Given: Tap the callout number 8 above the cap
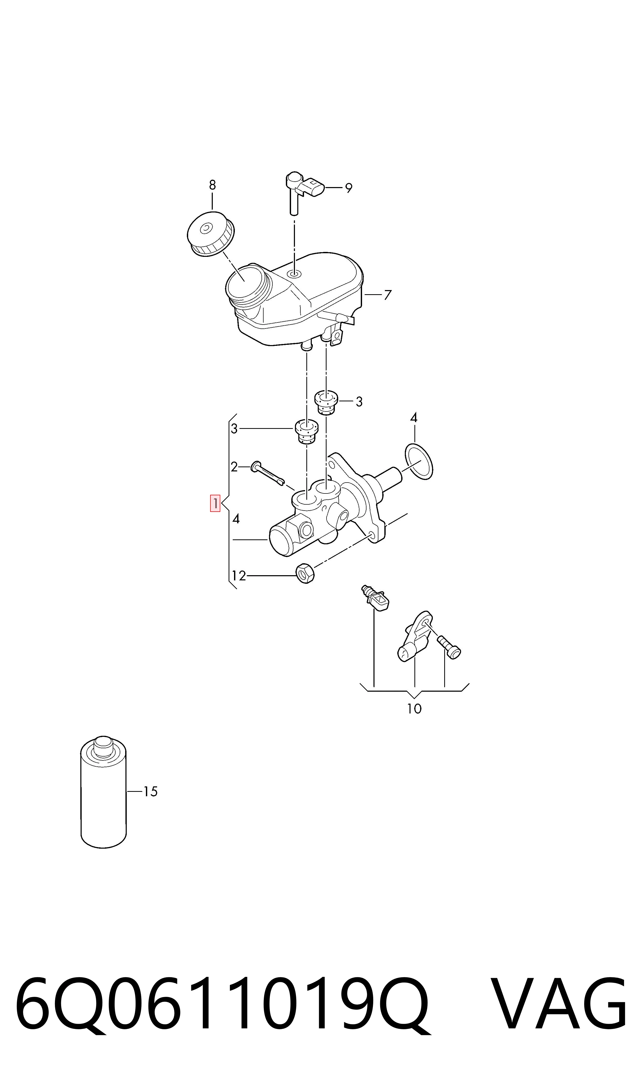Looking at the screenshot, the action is point(212,185).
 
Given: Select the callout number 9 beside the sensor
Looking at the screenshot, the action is point(349,188).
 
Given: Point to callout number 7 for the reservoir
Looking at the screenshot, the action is point(388,295).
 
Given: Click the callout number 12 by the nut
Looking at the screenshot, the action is point(239,576).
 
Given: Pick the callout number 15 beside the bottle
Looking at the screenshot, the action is point(150,792).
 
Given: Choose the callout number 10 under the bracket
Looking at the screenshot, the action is point(414,709).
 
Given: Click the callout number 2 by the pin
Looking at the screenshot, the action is point(234,467).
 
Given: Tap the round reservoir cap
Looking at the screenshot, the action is point(211,233).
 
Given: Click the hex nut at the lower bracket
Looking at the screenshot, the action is point(306,573).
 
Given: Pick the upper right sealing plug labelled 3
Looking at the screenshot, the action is point(326,402).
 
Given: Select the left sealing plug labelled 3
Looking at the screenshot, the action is point(306,431).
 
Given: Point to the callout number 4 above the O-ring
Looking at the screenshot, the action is point(414,418).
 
